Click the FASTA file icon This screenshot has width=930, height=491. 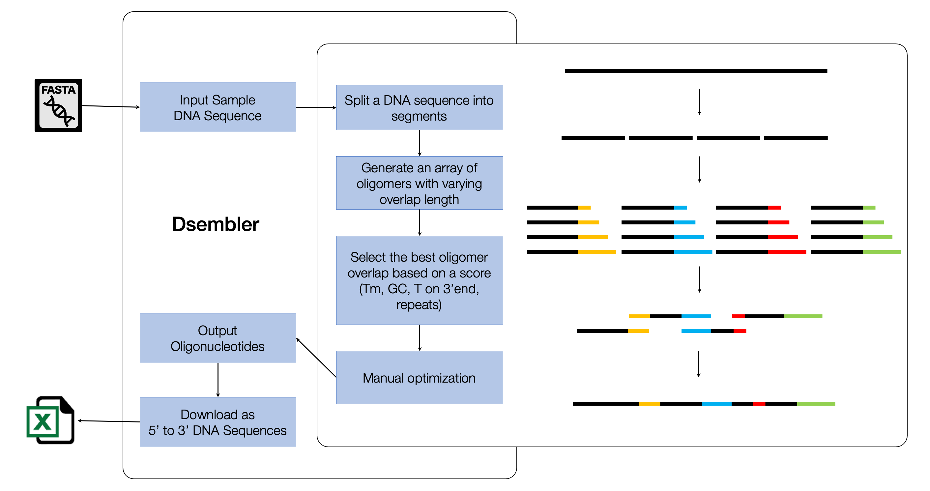58,105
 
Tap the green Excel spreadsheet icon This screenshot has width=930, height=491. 50,420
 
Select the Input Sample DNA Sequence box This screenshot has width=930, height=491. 218,107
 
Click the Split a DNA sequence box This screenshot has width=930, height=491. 419,107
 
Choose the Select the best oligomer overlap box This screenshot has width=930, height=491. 419,280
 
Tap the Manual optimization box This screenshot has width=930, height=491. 419,378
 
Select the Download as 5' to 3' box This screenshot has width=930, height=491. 218,422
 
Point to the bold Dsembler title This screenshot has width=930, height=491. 216,224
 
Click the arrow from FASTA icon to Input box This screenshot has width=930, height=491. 111,106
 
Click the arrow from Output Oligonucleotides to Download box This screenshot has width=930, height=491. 218,380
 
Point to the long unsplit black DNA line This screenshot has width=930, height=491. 696,71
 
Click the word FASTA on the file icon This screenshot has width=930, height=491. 58,90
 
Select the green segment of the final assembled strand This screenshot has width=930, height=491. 816,404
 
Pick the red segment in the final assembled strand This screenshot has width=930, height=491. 759,404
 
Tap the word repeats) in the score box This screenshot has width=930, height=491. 419,305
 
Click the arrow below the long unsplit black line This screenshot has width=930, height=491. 699,102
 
